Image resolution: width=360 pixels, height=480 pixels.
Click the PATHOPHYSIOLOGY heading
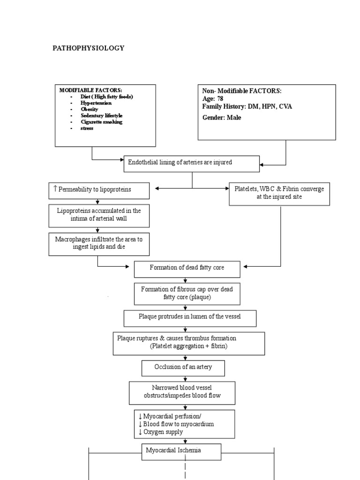pos(88,48)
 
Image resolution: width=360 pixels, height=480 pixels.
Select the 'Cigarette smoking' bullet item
pos(101,122)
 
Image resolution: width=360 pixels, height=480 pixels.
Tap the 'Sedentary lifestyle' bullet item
pos(102,115)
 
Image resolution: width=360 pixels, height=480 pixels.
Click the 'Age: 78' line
pos(213,99)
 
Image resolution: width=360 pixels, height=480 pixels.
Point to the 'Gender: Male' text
pos(222,118)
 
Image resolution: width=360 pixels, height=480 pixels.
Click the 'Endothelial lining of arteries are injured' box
pos(191,163)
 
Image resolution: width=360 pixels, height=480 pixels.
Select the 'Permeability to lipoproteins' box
pos(99,190)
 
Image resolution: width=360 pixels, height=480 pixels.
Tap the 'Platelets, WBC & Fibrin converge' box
pos(279,193)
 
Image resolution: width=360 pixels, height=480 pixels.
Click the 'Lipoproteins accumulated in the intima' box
pos(98,215)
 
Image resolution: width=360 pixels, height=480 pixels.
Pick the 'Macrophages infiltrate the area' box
pos(98,243)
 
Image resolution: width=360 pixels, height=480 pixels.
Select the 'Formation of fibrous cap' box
pos(187,293)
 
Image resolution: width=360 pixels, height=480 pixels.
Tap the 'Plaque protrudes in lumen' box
pos(190,317)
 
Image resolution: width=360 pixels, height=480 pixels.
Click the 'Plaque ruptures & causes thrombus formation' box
pos(188,343)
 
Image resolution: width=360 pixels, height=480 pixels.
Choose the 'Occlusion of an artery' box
pos(183,367)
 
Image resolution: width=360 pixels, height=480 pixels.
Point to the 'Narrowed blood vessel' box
pos(182,392)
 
